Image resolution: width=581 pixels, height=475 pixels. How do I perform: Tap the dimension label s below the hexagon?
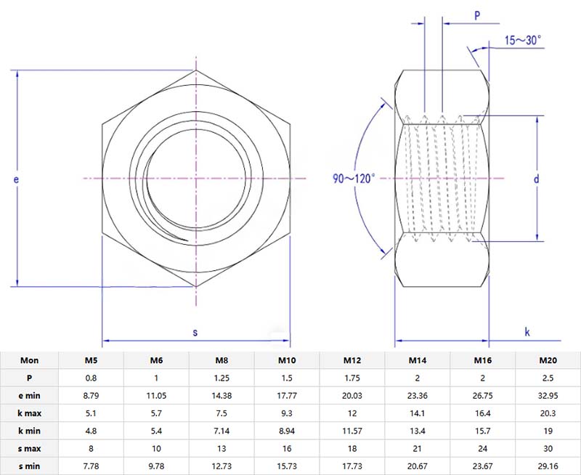click(195, 332)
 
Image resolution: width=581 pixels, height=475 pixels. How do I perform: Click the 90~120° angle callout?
click(354, 178)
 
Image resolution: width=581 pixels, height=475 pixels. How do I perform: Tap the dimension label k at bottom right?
click(527, 332)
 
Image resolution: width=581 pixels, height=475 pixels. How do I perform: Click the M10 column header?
click(287, 360)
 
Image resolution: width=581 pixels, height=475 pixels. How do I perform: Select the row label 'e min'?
click(30, 395)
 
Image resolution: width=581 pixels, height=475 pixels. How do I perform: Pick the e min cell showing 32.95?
click(547, 395)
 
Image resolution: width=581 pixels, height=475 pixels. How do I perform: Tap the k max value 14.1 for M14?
click(417, 413)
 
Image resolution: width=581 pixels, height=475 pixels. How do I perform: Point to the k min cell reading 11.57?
click(352, 431)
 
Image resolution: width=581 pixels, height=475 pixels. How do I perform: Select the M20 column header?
click(547, 360)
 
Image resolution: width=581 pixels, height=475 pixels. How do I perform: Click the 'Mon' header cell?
click(30, 360)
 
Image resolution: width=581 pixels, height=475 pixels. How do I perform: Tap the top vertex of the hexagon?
click(195, 70)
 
